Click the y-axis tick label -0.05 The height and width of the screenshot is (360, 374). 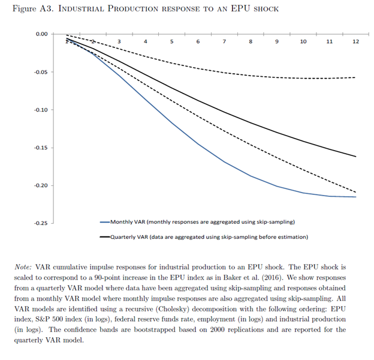pyautogui.click(x=40, y=72)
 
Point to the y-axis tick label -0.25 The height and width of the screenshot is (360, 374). pyautogui.click(x=40, y=223)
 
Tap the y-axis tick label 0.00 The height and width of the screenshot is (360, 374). pyautogui.click(x=41, y=34)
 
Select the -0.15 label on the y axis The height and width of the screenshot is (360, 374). pyautogui.click(x=40, y=148)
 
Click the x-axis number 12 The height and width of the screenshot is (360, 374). pyautogui.click(x=355, y=41)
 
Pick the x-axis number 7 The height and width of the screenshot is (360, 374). pyautogui.click(x=224, y=41)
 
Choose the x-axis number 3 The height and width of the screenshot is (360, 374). pyautogui.click(x=119, y=41)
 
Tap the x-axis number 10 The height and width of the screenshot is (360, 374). pyautogui.click(x=303, y=41)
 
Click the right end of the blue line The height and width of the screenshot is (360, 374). pyautogui.click(x=355, y=197)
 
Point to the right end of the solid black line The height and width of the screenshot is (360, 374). pyautogui.click(x=355, y=157)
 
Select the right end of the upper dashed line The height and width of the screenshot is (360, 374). pyautogui.click(x=355, y=77)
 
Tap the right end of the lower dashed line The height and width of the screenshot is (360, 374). pyautogui.click(x=355, y=191)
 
